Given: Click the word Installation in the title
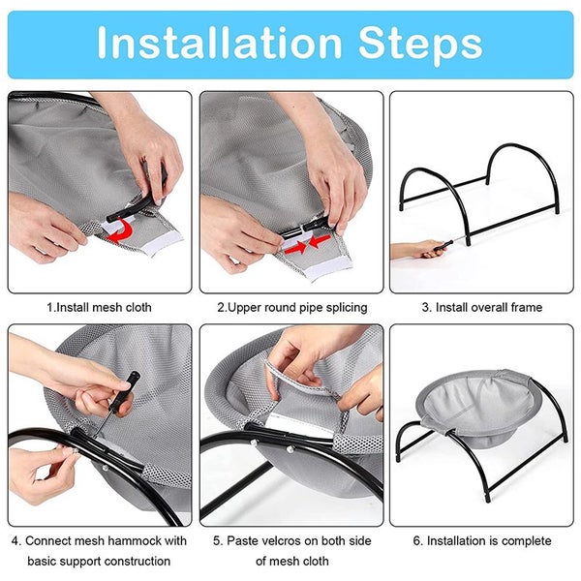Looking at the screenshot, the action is pos(219,43).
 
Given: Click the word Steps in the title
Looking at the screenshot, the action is pos(420,46).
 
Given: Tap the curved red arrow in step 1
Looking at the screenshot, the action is pos(121,230).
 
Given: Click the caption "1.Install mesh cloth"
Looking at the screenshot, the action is pos(99,307).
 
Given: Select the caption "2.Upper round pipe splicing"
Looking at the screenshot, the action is pos(292,308).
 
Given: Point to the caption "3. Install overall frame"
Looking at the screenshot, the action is pos(481,307).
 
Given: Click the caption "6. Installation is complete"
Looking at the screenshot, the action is pos(482,540).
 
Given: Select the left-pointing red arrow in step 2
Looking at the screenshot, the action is pos(319,241).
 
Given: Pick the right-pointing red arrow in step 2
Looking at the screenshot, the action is pos(295,247).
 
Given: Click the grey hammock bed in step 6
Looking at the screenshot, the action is pos(478,408).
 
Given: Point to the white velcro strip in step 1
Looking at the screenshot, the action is pos(163,246).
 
